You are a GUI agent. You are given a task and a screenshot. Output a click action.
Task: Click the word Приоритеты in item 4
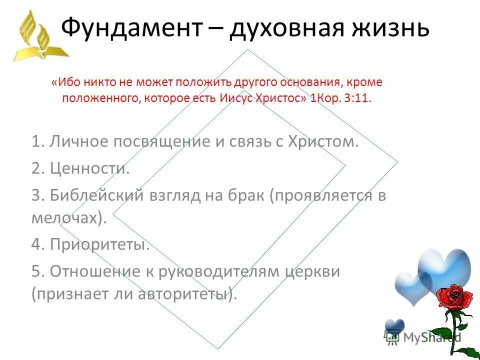(x=99, y=245)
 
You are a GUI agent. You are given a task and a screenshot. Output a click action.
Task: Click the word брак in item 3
(x=245, y=195)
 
